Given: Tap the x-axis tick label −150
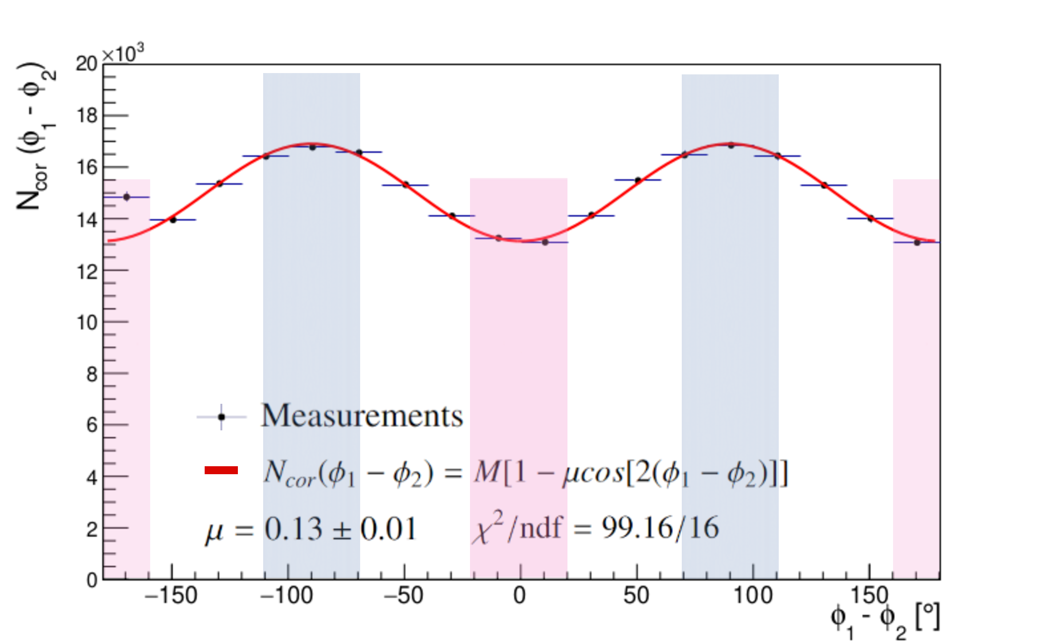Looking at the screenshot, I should tap(171, 596).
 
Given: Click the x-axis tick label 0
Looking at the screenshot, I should tap(520, 596).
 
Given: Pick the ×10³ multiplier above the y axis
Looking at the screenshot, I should tap(123, 54).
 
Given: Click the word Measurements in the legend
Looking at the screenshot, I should tap(361, 416).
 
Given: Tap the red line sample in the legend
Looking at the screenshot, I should tap(221, 470).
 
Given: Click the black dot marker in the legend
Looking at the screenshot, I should tap(221, 417).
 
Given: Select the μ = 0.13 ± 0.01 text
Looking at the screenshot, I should tap(310, 529).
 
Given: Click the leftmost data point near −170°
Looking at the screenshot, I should tap(127, 197).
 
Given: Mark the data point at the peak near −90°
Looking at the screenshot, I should tap(312, 147).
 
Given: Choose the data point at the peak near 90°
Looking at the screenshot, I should tap(731, 145).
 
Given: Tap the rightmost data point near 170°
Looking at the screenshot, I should tap(917, 243).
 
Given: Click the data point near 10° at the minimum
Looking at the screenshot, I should tap(545, 242).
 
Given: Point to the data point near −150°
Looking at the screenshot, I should tap(173, 220).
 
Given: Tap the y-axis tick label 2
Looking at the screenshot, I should tap(92, 529).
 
